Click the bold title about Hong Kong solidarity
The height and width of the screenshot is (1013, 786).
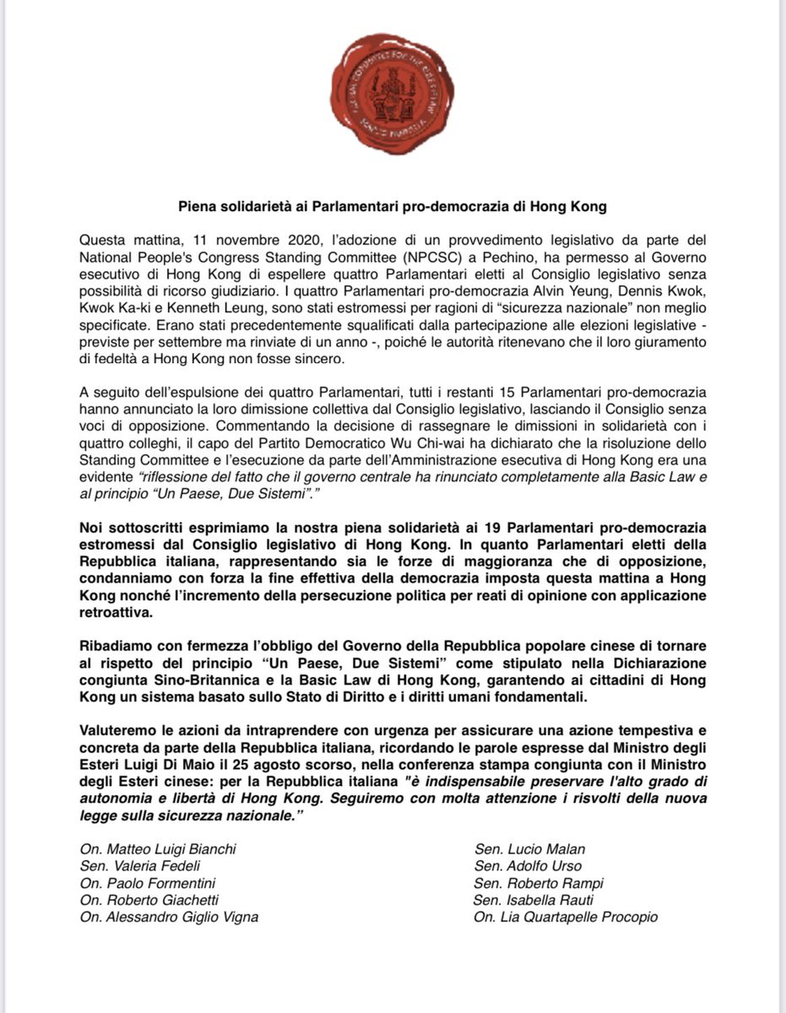393,207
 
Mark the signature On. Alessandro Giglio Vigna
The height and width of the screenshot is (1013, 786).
169,917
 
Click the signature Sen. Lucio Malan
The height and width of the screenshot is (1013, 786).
529,849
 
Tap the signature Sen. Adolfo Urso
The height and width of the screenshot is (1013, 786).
528,866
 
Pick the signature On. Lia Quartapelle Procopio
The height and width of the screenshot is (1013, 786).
566,917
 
